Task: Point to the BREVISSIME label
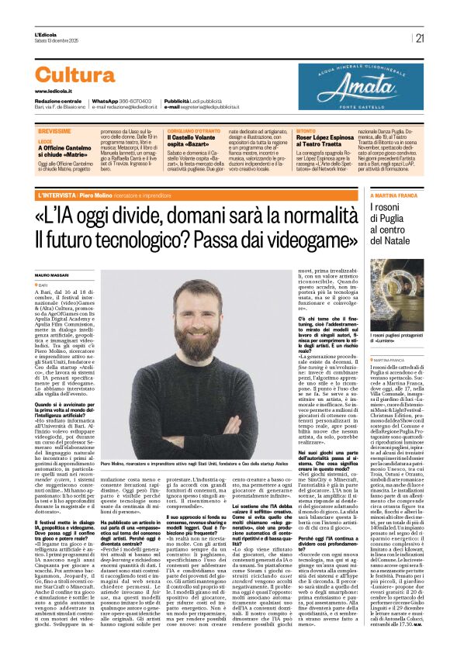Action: (54, 133)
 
